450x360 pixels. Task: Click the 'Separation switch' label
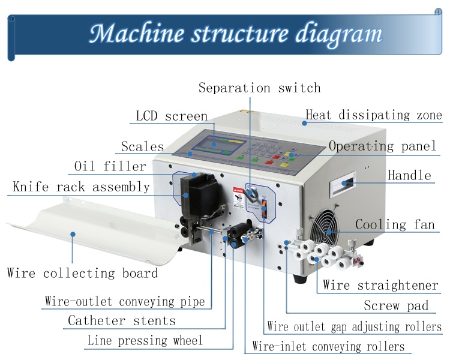pyautogui.click(x=259, y=88)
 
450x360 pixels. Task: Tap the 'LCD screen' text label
pyautogui.click(x=172, y=116)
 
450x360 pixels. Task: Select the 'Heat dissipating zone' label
pyautogui.click(x=374, y=115)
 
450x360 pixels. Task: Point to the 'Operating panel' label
pyautogui.click(x=382, y=146)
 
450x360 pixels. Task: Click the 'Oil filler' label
pyautogui.click(x=110, y=166)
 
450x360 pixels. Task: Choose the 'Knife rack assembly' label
pyautogui.click(x=81, y=187)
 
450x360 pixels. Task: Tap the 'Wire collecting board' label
pyautogui.click(x=82, y=273)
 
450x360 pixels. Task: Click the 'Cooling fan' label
pyautogui.click(x=395, y=225)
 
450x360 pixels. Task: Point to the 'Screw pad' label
pyautogui.click(x=396, y=305)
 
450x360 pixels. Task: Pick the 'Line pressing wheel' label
pyautogui.click(x=145, y=341)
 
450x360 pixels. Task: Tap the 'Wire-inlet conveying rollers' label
pyautogui.click(x=328, y=347)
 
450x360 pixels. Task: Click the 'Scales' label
pyautogui.click(x=142, y=146)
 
